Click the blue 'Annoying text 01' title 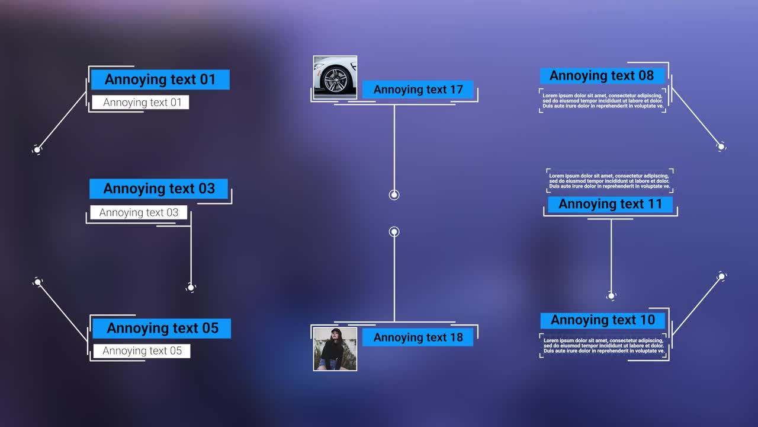point(160,79)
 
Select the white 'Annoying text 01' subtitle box point(140,102)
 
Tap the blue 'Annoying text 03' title point(159,189)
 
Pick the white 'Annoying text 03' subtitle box point(139,212)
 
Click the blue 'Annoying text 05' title point(162,328)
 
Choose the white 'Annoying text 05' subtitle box point(142,350)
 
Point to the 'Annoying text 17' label point(417,90)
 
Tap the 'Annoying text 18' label point(417,337)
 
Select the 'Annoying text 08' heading point(602,76)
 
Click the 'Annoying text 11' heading point(610,205)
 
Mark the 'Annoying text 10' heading point(603,320)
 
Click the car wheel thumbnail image point(335,77)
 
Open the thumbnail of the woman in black point(335,349)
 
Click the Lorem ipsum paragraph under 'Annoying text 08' point(603,101)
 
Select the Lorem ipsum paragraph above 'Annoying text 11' point(609,181)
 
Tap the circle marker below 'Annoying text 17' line point(394,195)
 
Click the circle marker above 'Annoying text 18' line point(394,232)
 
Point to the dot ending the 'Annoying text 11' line point(612,295)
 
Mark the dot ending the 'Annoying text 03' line point(191,288)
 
